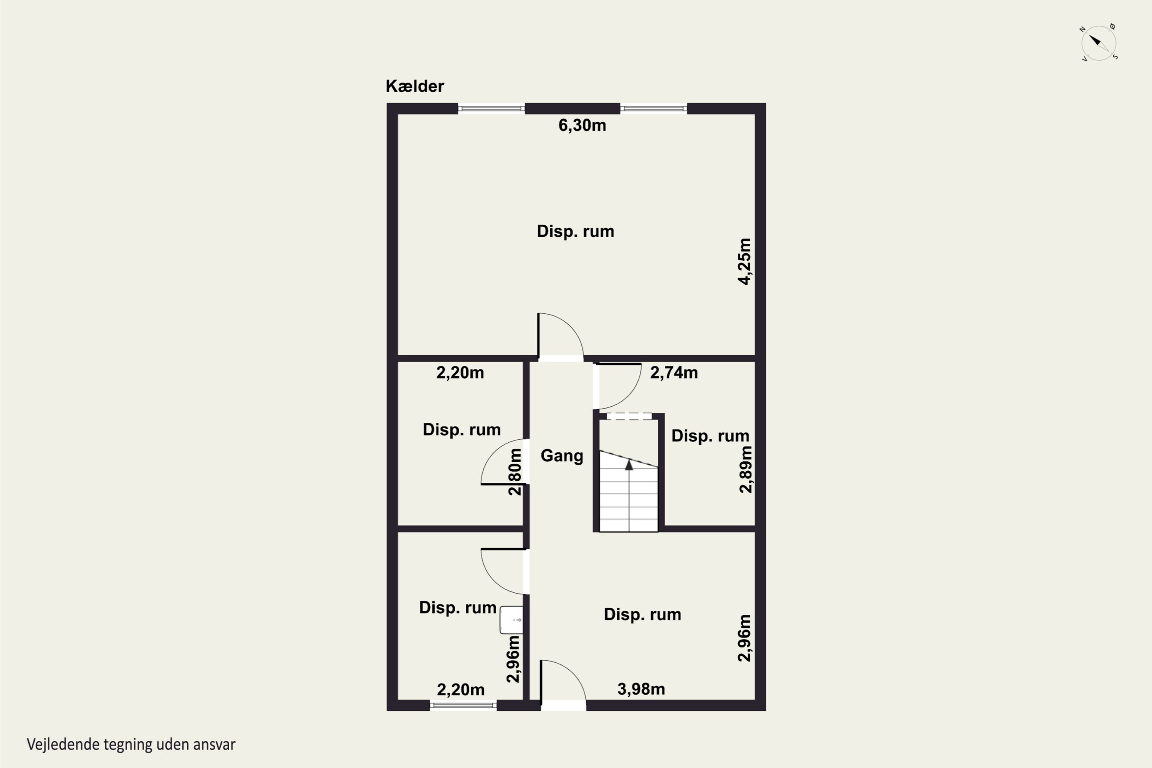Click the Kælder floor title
(414, 86)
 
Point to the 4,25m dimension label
(744, 261)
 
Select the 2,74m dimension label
(674, 373)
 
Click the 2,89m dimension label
(745, 469)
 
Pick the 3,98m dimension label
(641, 689)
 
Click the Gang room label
(562, 455)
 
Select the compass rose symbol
(1099, 43)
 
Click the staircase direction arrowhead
(629, 464)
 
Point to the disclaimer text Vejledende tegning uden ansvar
(131, 745)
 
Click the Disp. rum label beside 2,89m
(710, 436)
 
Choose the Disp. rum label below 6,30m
(576, 231)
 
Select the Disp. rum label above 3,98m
(642, 614)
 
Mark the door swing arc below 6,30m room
(571, 325)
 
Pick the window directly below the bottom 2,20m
(463, 705)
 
